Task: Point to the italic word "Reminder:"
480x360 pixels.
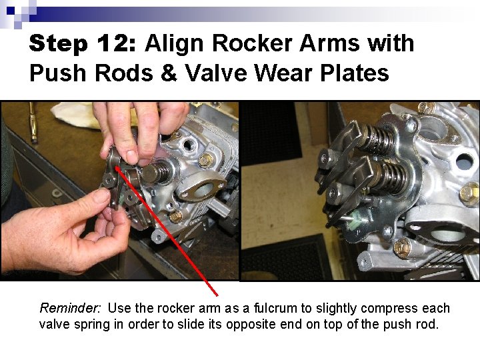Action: click(71, 309)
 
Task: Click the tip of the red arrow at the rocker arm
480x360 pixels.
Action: click(117, 167)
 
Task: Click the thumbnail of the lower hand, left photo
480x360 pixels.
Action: click(101, 196)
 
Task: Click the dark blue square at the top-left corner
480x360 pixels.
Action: click(11, 10)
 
